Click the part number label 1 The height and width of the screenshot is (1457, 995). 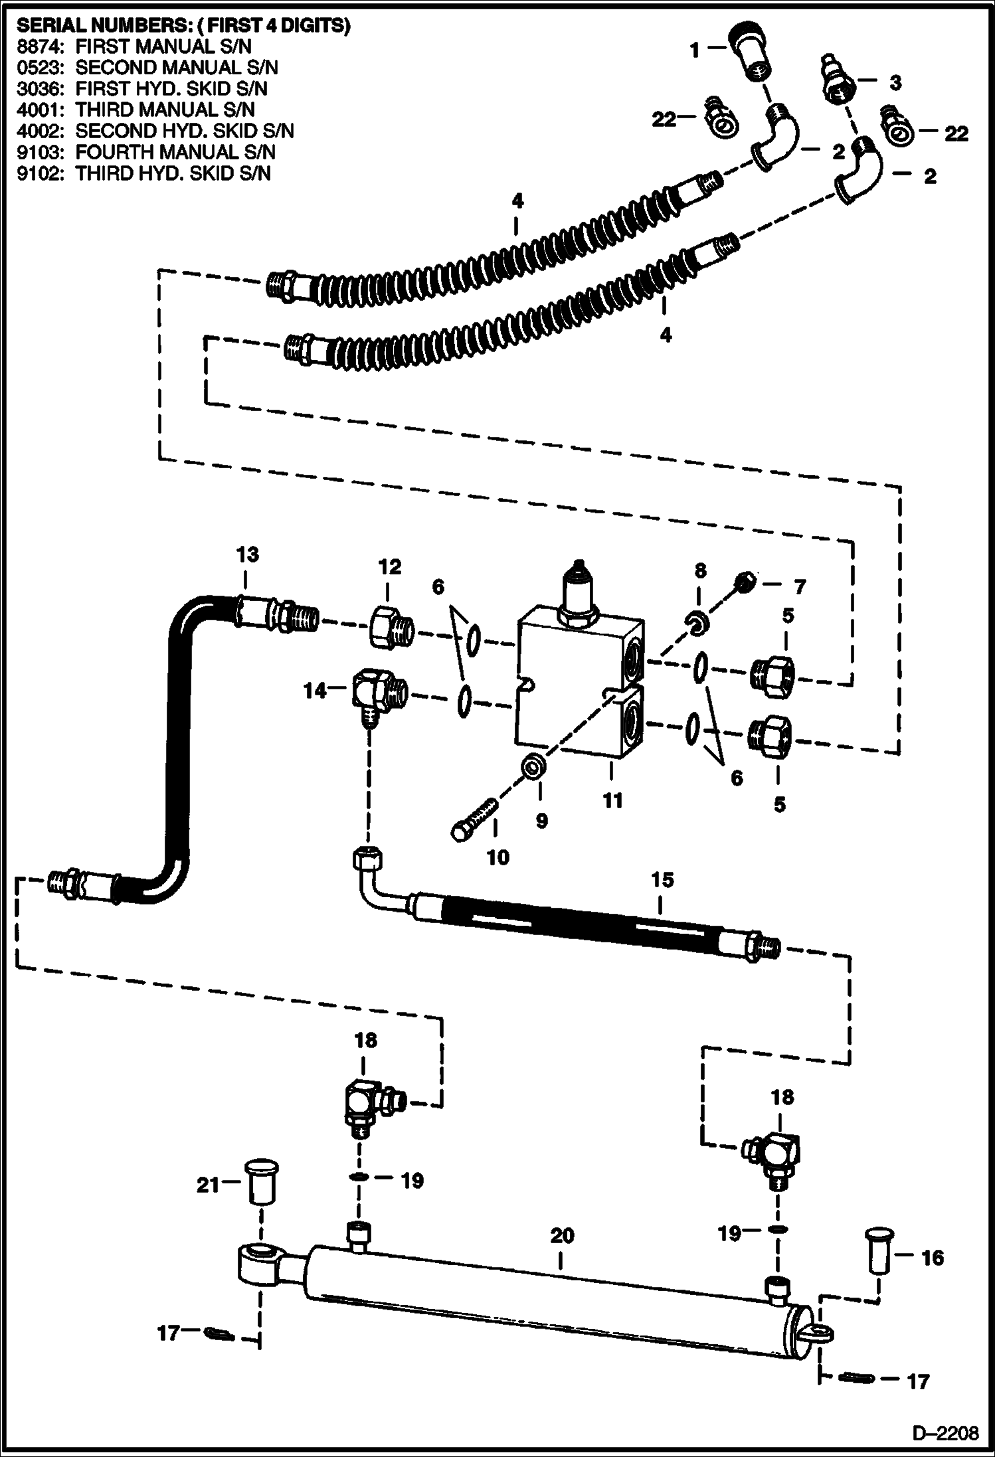(x=694, y=49)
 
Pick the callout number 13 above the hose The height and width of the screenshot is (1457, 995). (x=248, y=555)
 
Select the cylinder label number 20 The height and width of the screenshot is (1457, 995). (x=562, y=1235)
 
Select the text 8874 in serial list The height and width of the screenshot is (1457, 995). (x=35, y=46)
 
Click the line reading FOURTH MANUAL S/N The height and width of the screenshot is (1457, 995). (x=175, y=152)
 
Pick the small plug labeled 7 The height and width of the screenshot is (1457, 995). (x=747, y=582)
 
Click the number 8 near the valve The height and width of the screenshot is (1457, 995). (x=700, y=570)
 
